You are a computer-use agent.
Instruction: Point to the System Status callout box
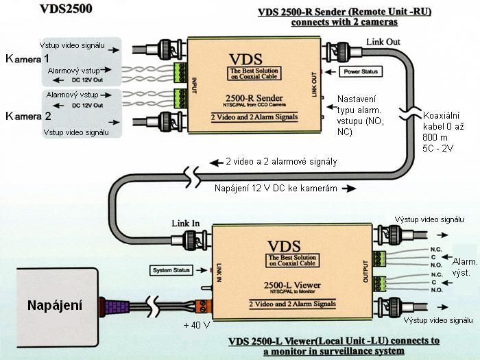click(x=170, y=269)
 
